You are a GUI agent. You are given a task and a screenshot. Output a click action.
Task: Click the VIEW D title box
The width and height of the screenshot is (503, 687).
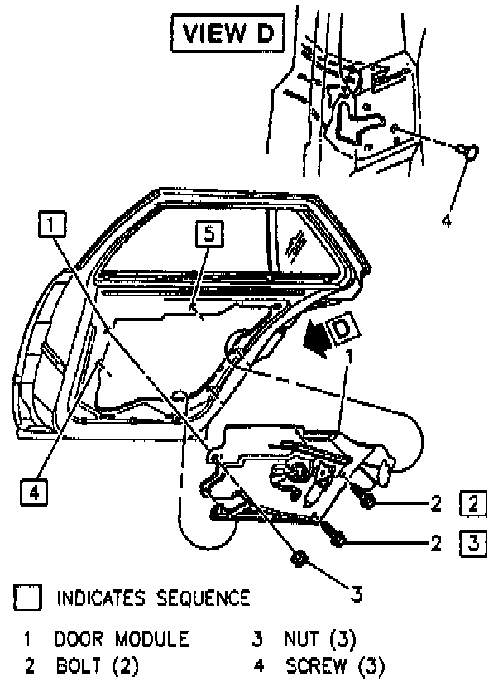tap(225, 35)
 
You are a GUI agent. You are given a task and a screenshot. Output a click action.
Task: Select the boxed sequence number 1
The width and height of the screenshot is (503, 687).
tap(51, 223)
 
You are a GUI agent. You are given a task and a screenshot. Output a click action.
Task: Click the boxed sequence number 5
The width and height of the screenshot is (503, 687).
tap(208, 236)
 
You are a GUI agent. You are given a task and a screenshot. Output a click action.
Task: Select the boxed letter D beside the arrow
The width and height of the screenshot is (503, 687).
tap(342, 329)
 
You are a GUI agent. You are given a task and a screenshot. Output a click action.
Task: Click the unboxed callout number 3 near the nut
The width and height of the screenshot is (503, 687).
tap(356, 594)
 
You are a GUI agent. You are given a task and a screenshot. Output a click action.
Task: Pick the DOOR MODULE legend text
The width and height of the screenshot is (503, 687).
tap(122, 639)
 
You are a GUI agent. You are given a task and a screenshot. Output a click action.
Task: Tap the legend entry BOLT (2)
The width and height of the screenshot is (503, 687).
tap(97, 665)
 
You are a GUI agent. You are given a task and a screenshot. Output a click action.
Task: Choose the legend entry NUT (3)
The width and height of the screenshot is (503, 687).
tap(319, 639)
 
